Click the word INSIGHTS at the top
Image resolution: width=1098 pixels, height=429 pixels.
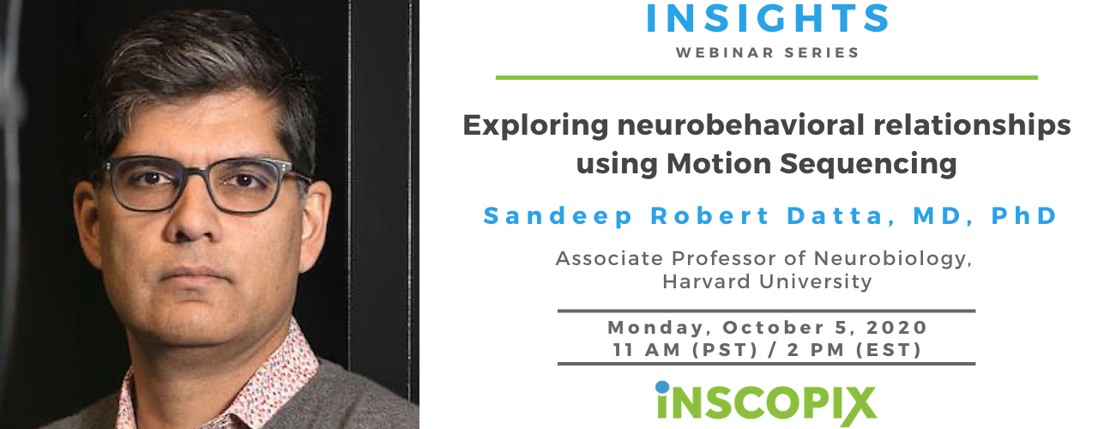tap(767, 18)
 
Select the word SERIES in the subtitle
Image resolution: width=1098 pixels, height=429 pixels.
tap(822, 52)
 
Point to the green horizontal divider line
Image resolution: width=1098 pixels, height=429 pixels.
tap(767, 77)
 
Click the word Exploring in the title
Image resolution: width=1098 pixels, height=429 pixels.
tap(535, 126)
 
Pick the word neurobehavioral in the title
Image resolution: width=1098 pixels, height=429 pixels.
tap(740, 125)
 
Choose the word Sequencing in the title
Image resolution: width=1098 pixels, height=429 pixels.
tap(868, 165)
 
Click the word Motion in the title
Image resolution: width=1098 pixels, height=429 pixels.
tap(719, 163)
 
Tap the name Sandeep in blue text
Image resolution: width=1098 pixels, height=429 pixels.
tap(558, 216)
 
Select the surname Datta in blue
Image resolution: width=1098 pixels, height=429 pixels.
tap(842, 216)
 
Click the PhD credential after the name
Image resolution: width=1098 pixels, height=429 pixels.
tap(1024, 216)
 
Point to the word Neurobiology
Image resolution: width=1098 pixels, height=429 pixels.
tap(893, 259)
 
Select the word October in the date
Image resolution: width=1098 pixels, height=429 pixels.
tap(774, 328)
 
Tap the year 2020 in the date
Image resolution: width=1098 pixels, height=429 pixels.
tap(896, 328)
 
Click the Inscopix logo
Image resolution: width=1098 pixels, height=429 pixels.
tap(766, 403)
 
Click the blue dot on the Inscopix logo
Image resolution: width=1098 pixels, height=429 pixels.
tap(662, 387)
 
